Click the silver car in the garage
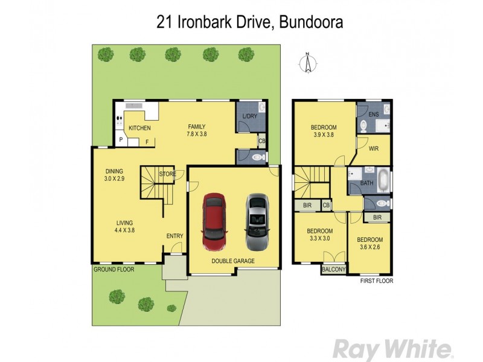pyautogui.click(x=256, y=221)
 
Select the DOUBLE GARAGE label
pyautogui.click(x=233, y=261)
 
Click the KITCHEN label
pyautogui.click(x=139, y=128)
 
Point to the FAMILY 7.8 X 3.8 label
pyautogui.click(x=197, y=130)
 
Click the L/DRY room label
pyautogui.click(x=249, y=116)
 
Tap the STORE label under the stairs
pyautogui.click(x=167, y=174)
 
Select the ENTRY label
pyautogui.click(x=174, y=236)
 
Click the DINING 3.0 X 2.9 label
pyautogui.click(x=114, y=175)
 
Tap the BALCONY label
pyautogui.click(x=334, y=270)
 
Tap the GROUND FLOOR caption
pyautogui.click(x=114, y=269)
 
